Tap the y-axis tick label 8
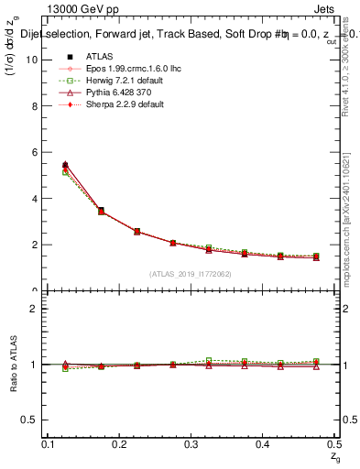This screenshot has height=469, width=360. click(34, 106)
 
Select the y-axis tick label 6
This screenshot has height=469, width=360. click(34, 152)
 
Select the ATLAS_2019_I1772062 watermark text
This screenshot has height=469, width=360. click(190, 273)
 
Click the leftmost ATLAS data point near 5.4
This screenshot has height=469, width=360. click(64, 166)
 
